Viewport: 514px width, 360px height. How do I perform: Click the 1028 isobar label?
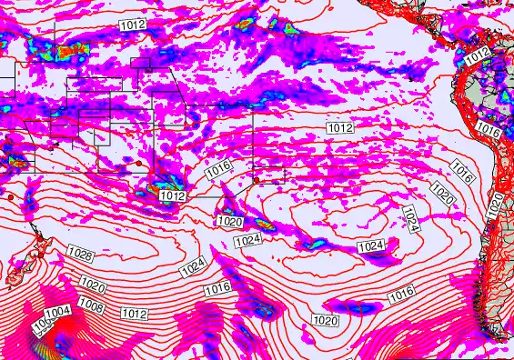tap(80, 252)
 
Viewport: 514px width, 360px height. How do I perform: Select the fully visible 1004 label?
tap(57, 312)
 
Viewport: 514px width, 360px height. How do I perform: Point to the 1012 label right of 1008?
tap(135, 314)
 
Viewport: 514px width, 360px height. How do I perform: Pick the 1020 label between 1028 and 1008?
tap(93, 286)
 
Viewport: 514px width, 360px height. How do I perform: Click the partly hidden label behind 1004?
tap(42, 325)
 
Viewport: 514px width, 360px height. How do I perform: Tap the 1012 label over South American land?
tap(477, 56)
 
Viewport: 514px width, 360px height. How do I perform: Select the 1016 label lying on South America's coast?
tap(489, 130)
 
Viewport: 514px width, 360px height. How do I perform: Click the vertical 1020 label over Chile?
tap(496, 204)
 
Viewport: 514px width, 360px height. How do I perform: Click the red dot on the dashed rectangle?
tap(257, 180)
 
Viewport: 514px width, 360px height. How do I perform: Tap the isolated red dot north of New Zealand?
tap(9, 196)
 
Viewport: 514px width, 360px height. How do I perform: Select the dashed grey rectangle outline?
tap(270, 174)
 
